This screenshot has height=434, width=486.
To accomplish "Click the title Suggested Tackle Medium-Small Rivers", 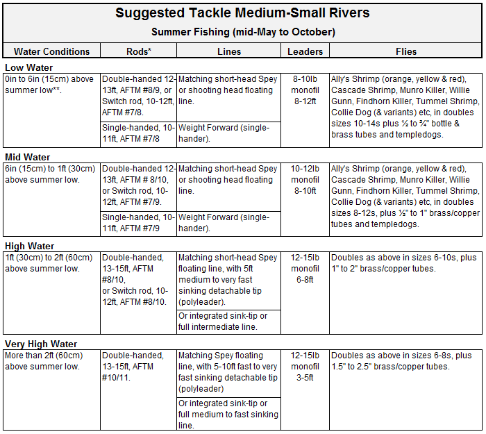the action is coord(242,13).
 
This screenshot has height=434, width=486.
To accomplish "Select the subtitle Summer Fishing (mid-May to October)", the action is coord(243,32).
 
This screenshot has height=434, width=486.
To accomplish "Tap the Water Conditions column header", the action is coord(52,51).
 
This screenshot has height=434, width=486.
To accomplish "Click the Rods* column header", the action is coord(139,51).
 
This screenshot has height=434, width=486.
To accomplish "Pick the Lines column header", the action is coord(229,51).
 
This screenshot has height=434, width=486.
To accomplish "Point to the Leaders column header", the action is coord(305,51).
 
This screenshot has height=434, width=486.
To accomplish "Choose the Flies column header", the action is coord(406,51).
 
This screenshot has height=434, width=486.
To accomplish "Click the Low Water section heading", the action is coord(29,67).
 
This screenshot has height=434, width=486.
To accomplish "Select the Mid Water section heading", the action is coord(27,157).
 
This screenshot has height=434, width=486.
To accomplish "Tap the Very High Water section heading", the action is coord(41,344).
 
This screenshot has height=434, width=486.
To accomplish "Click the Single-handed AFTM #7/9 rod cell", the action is coord(138,223).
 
